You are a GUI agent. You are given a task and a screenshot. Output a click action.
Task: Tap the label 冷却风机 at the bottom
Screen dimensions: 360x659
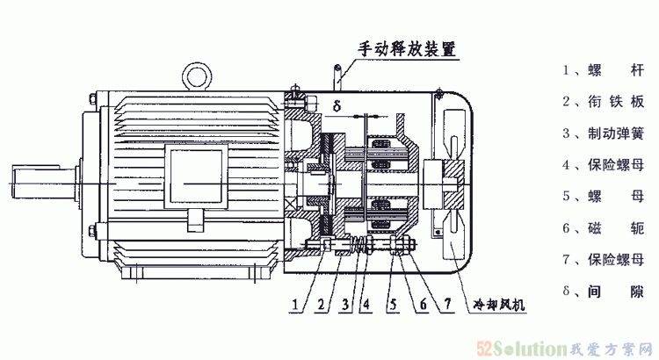[499, 305]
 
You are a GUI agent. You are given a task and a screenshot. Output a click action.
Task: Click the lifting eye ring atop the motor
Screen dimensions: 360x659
[197, 74]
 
